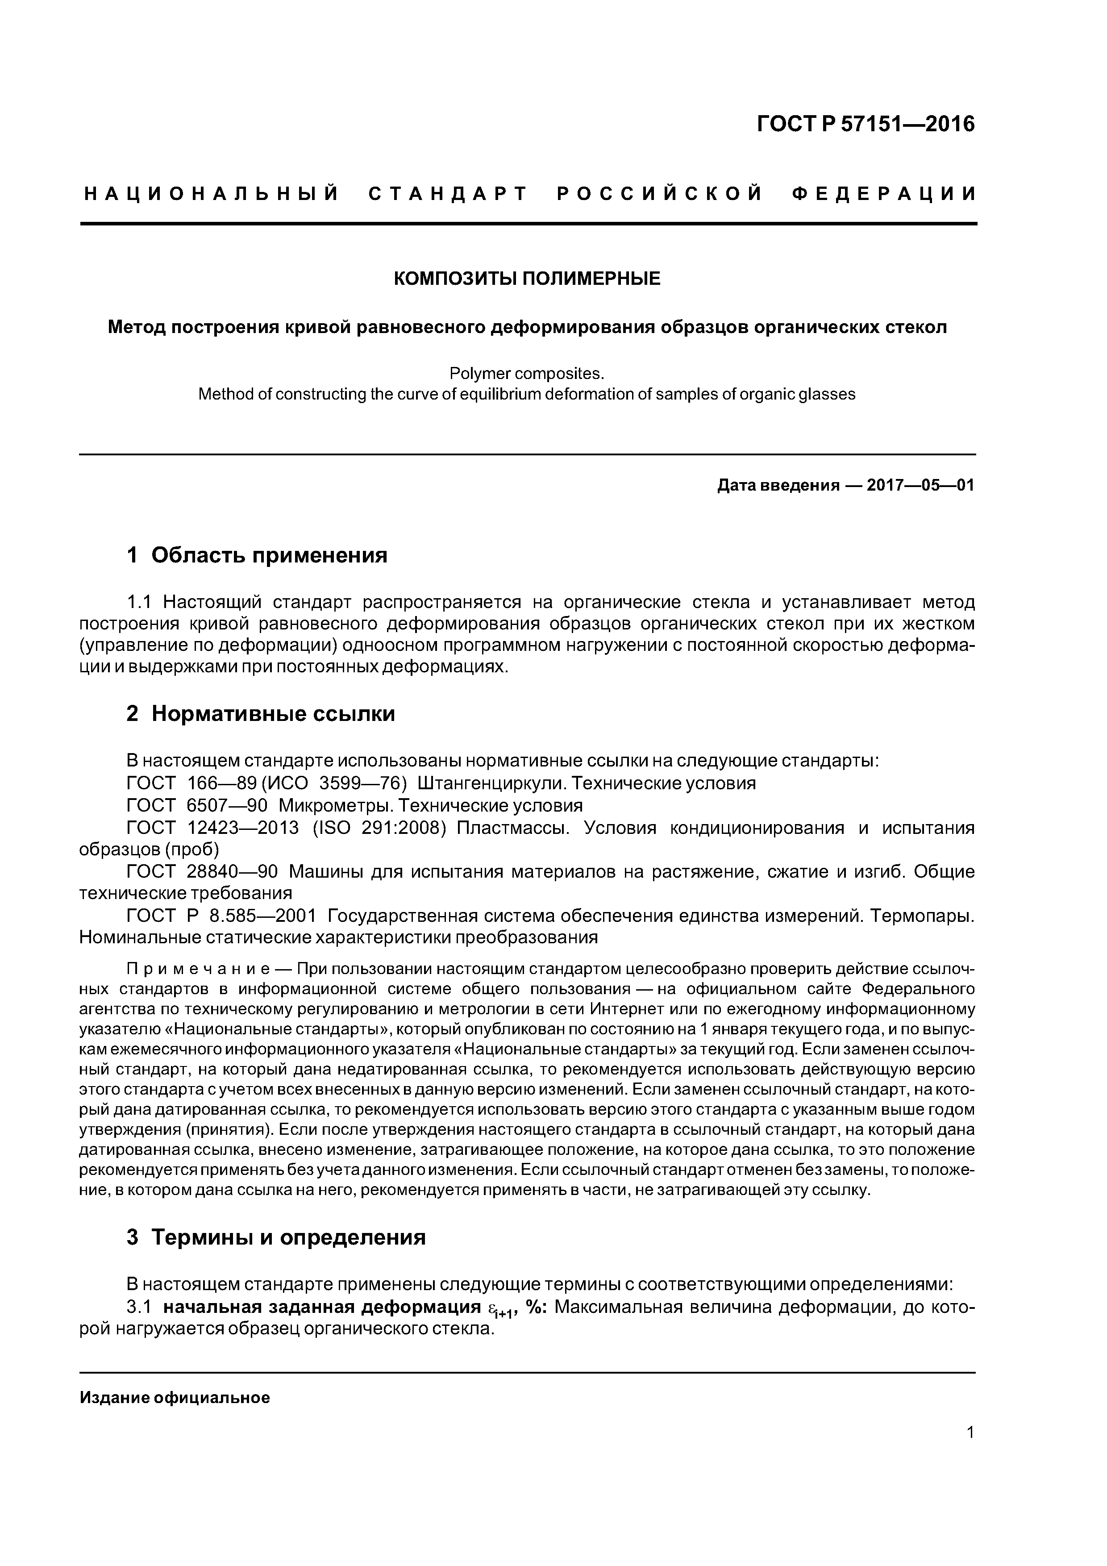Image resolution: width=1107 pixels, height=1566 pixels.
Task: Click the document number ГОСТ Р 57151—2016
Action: point(866,124)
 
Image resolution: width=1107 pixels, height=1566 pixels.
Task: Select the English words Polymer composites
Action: point(527,374)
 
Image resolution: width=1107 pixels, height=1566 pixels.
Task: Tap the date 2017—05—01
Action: point(920,485)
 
